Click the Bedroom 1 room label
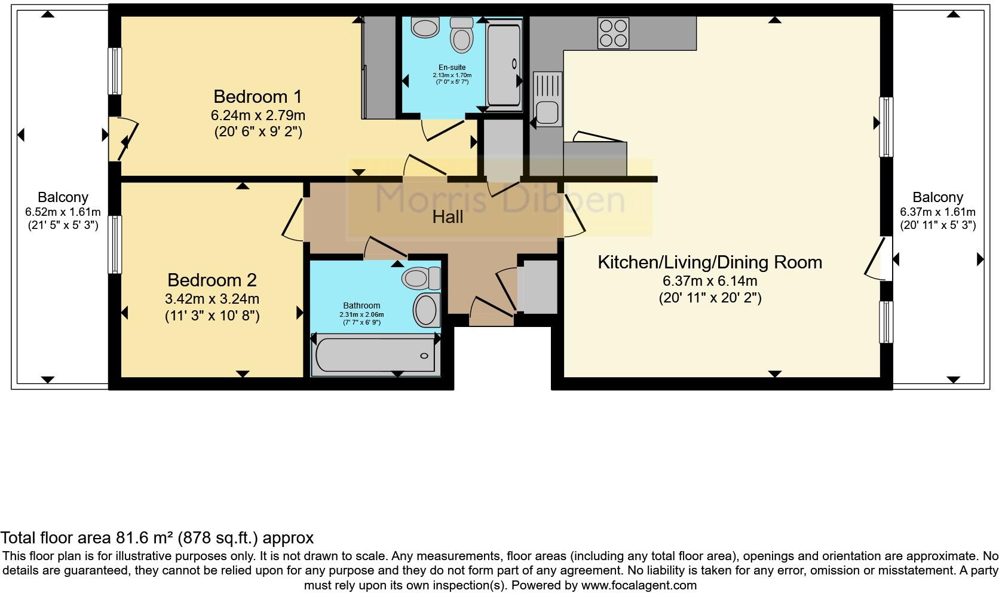[258, 96]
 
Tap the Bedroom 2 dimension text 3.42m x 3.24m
[212, 298]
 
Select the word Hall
[448, 217]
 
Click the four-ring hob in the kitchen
[613, 33]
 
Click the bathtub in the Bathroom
[375, 355]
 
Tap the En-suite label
[452, 68]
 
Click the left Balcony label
[63, 197]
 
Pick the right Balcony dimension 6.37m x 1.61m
[937, 212]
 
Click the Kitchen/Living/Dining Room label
[710, 262]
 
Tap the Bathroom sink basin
[426, 310]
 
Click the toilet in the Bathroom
[419, 278]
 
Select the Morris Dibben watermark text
[499, 200]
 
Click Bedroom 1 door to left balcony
[123, 139]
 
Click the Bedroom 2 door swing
[292, 220]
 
